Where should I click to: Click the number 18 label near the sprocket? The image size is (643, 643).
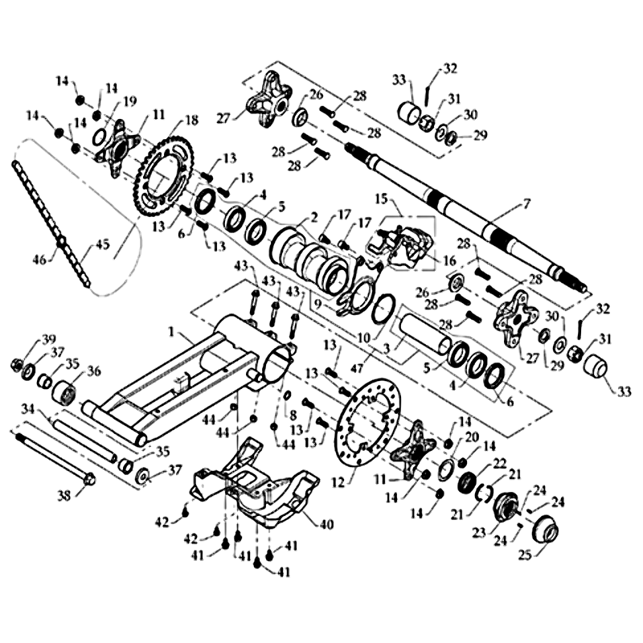(x=190, y=121)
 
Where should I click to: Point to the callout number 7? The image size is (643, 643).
(x=527, y=205)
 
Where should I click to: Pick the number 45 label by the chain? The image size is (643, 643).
(x=102, y=244)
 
